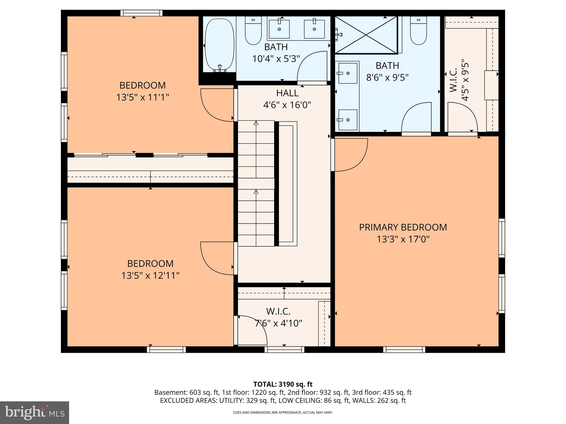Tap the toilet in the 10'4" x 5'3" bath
[x=253, y=30]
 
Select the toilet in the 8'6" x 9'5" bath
[x=418, y=30]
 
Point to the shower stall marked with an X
[x=366, y=35]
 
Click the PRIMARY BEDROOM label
[x=403, y=227]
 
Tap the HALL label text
[x=287, y=93]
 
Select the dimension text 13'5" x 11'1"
[x=143, y=97]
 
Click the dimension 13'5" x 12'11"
[x=150, y=275]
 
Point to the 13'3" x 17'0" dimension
[x=403, y=239]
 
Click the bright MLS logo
[x=35, y=412]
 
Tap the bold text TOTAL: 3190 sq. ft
[x=283, y=384]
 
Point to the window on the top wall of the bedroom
[x=141, y=13]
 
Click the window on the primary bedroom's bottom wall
[x=404, y=349]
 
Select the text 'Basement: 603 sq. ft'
[x=187, y=393]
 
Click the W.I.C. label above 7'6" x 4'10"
[x=278, y=311]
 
